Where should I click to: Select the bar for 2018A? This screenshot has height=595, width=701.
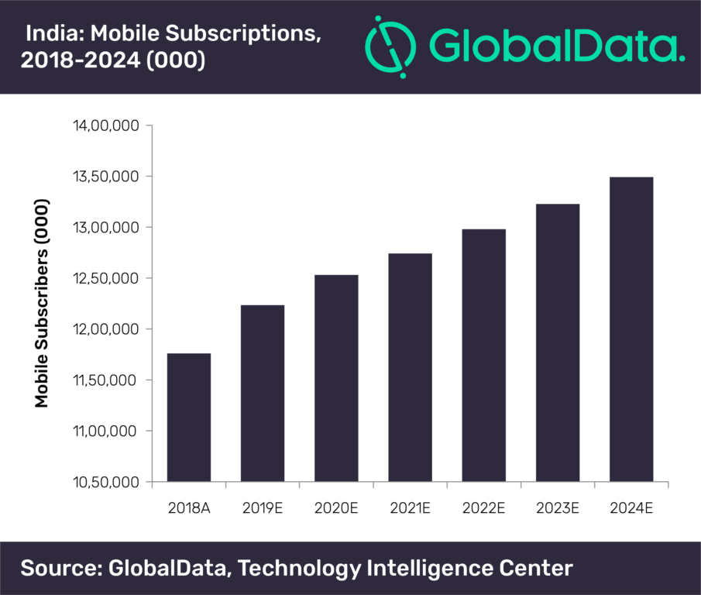coord(188,418)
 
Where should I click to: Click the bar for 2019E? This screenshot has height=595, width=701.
coord(262,394)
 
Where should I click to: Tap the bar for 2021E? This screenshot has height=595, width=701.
coord(410,367)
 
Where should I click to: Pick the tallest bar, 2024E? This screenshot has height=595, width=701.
coord(631,329)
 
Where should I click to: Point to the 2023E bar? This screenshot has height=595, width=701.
coord(558,342)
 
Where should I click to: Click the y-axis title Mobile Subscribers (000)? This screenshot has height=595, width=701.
coord(42,304)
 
